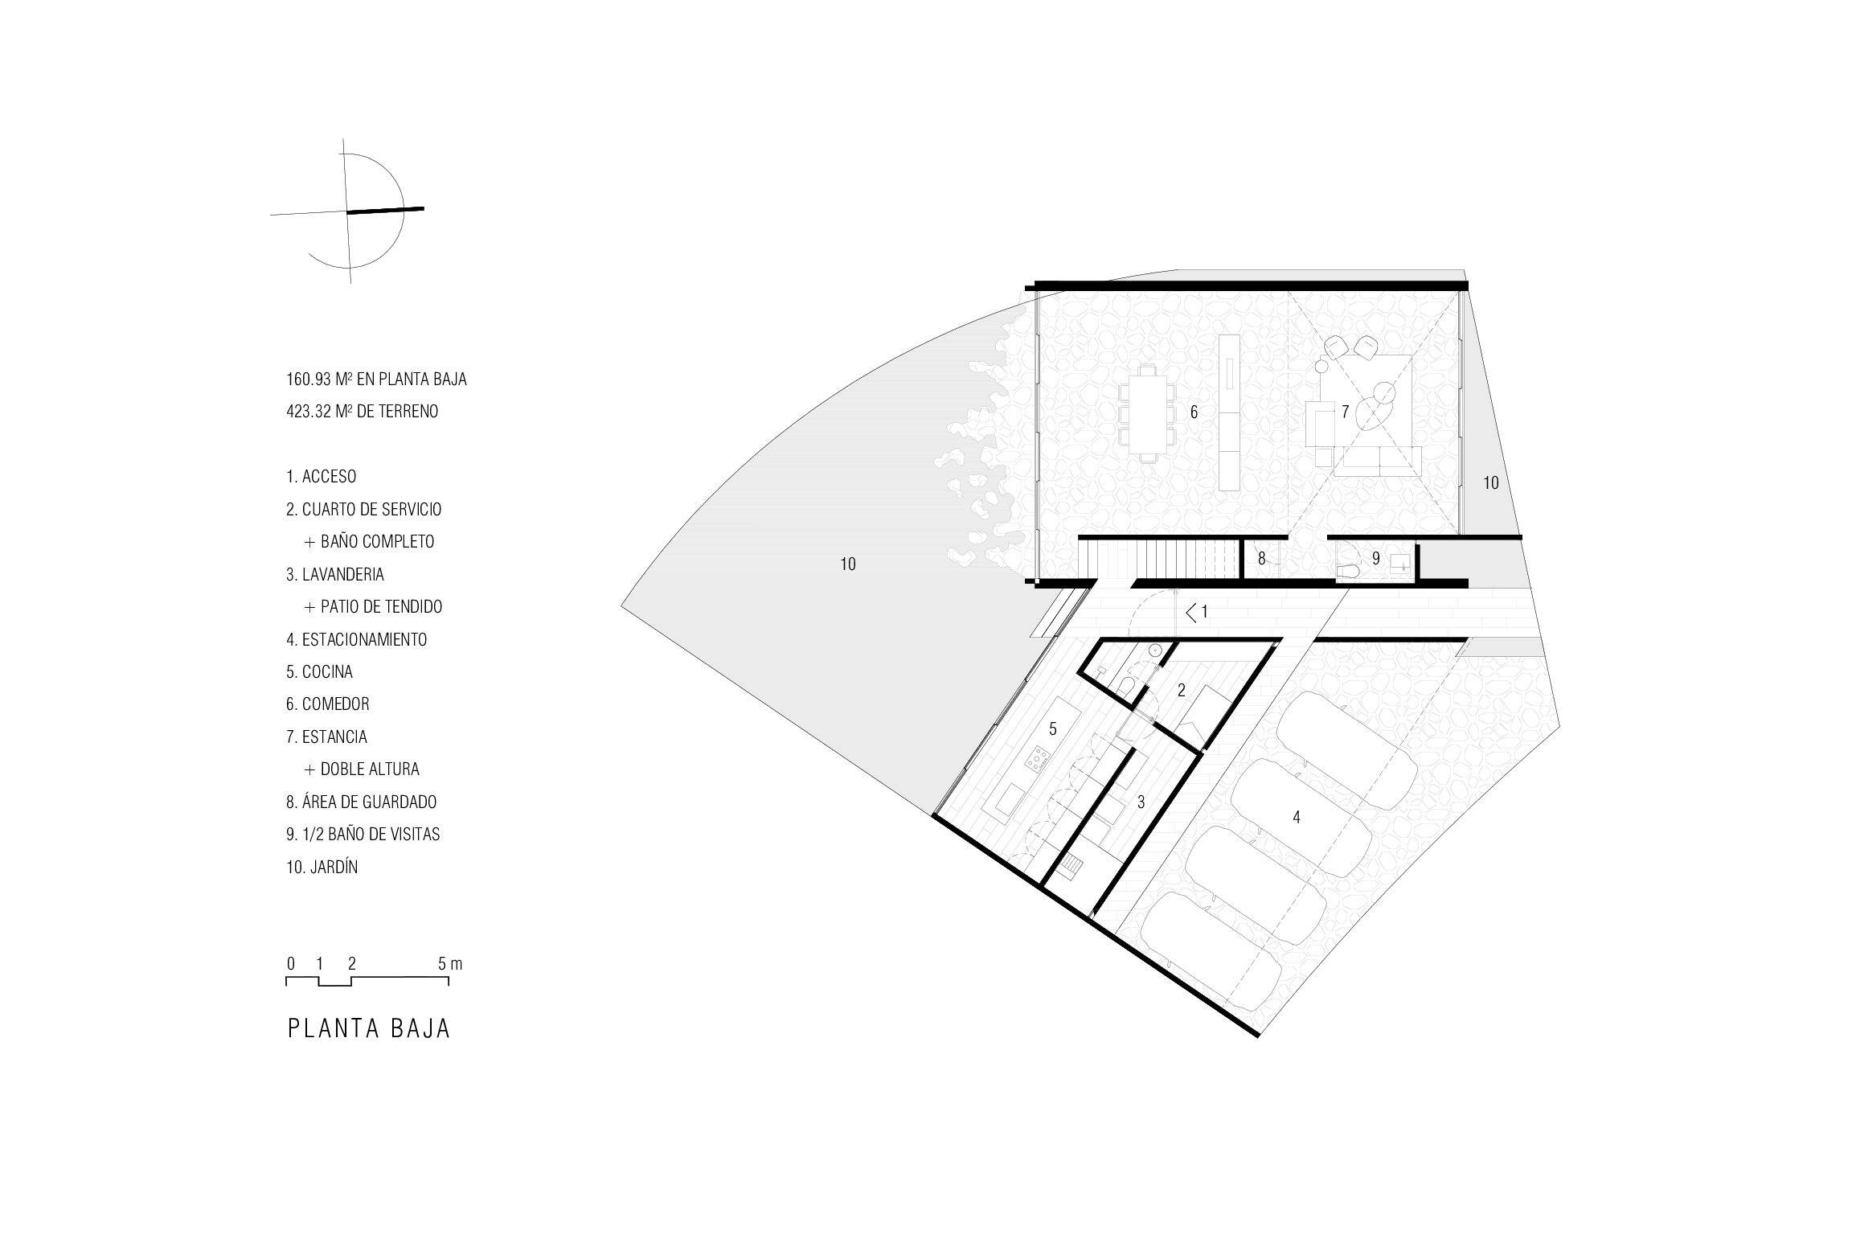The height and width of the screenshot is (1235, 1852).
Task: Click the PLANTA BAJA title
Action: pos(369,1029)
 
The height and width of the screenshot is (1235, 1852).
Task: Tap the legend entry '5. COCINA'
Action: pos(319,671)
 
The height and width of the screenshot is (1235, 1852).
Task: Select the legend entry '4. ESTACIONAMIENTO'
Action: pos(356,639)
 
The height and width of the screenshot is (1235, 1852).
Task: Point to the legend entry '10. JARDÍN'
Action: pos(322,867)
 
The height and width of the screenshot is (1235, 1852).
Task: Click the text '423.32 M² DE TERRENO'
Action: pos(362,411)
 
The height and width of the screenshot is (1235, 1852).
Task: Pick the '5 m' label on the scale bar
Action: pos(449,963)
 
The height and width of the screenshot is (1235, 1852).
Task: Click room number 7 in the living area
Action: pos(1345,412)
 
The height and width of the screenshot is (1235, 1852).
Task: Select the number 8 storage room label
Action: pos(1261,558)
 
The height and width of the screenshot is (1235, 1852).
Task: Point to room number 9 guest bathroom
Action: pos(1376,558)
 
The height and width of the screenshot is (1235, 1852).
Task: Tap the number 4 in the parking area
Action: pos(1296,817)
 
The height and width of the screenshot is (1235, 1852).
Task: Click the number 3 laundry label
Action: pos(1141,802)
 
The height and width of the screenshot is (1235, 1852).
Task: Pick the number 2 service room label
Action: pos(1181,690)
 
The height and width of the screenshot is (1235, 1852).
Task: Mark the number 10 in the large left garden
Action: pos(848,564)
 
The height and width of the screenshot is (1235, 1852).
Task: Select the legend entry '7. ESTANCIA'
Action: pos(326,736)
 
